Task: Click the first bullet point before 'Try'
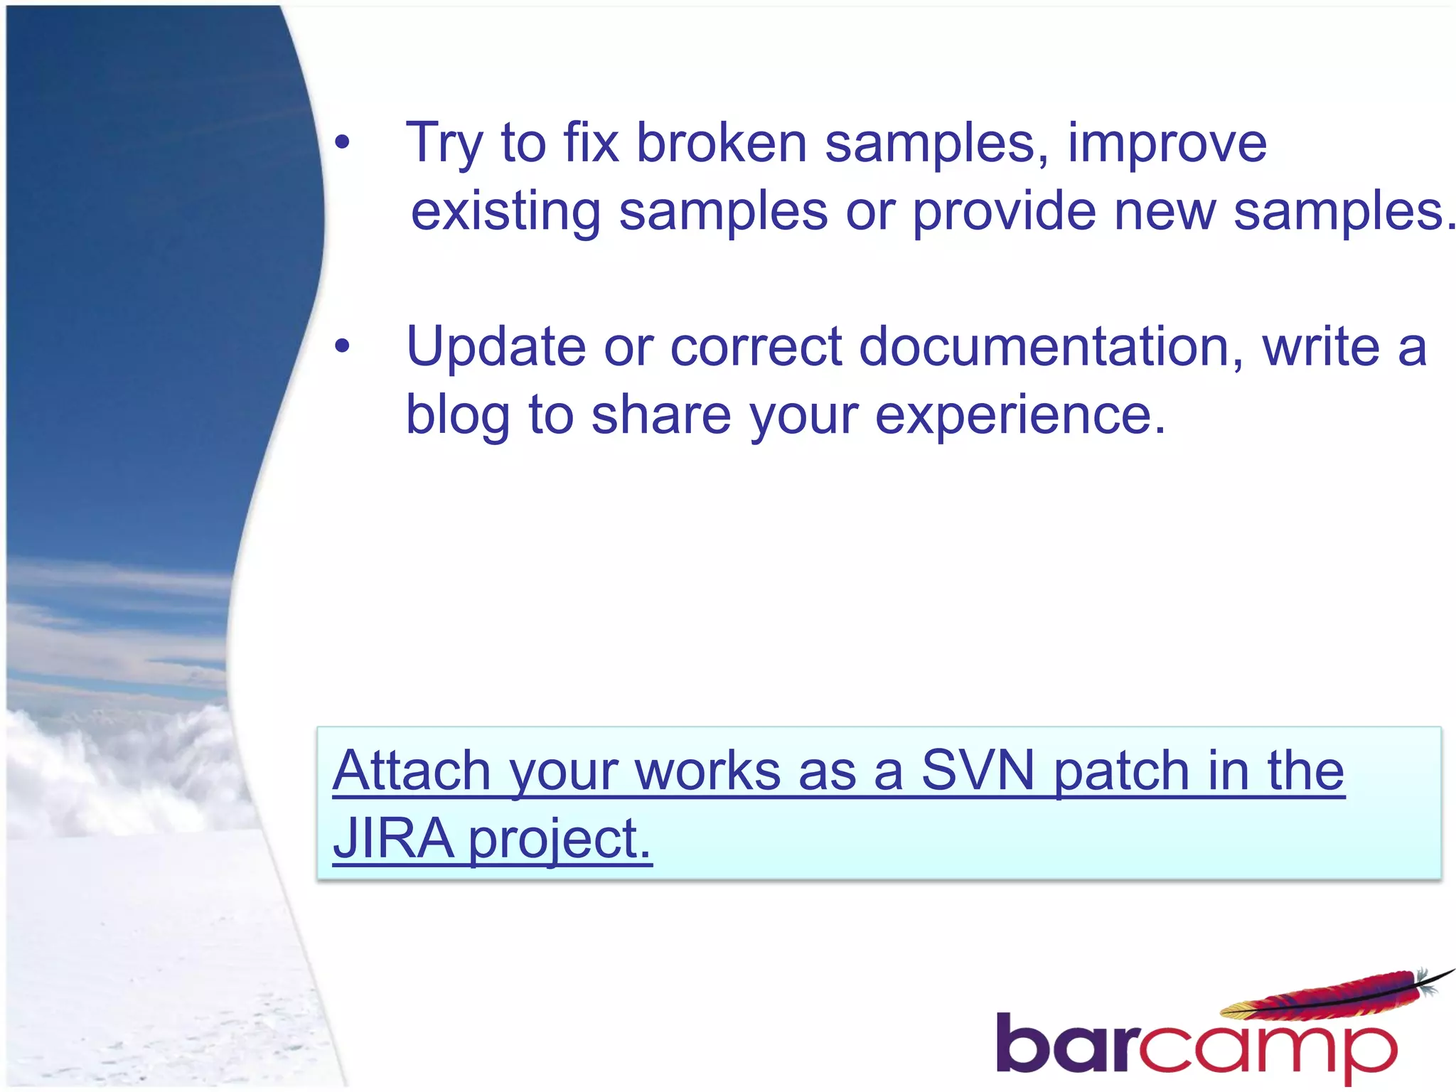343,143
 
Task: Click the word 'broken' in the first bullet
721,143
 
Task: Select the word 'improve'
1167,144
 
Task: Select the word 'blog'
457,415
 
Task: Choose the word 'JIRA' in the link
393,838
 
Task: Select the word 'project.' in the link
560,840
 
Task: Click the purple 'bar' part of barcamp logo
1066,1044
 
